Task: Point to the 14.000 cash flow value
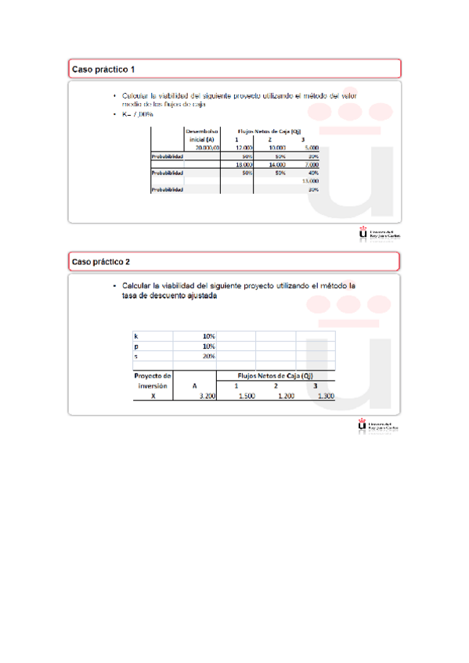tap(276, 165)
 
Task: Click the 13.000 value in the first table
tap(309, 181)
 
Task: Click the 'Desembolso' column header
tap(202, 131)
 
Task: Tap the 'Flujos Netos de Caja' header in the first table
tap(270, 131)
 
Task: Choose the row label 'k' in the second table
tap(138, 336)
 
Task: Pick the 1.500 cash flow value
tap(246, 396)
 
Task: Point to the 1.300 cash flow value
tap(326, 396)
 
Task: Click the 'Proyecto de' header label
tap(152, 375)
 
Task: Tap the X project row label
tap(153, 396)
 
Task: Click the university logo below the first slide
tap(379, 234)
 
